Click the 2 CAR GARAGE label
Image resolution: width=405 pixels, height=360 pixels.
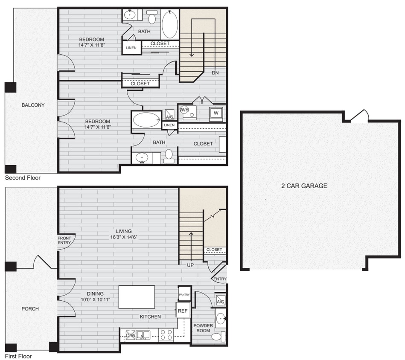[304, 186]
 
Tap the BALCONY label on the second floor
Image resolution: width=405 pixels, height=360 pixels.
[33, 105]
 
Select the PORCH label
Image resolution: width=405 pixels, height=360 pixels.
[30, 308]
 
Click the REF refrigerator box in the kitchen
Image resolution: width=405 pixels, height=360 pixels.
[183, 311]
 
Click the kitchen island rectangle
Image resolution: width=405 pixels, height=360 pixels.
[137, 297]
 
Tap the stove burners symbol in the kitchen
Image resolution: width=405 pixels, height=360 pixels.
[166, 335]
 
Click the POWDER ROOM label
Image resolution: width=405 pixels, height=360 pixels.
[203, 328]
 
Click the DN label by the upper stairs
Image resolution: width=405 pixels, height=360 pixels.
[215, 73]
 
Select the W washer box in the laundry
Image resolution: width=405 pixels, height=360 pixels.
[216, 113]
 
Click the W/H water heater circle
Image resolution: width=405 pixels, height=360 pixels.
[184, 110]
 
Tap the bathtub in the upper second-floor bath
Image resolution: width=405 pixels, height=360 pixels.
[170, 24]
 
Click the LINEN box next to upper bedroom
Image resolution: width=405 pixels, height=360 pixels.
[131, 48]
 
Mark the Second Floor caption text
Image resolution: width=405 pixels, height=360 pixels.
[23, 177]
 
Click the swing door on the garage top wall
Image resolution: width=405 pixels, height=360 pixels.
[359, 116]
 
